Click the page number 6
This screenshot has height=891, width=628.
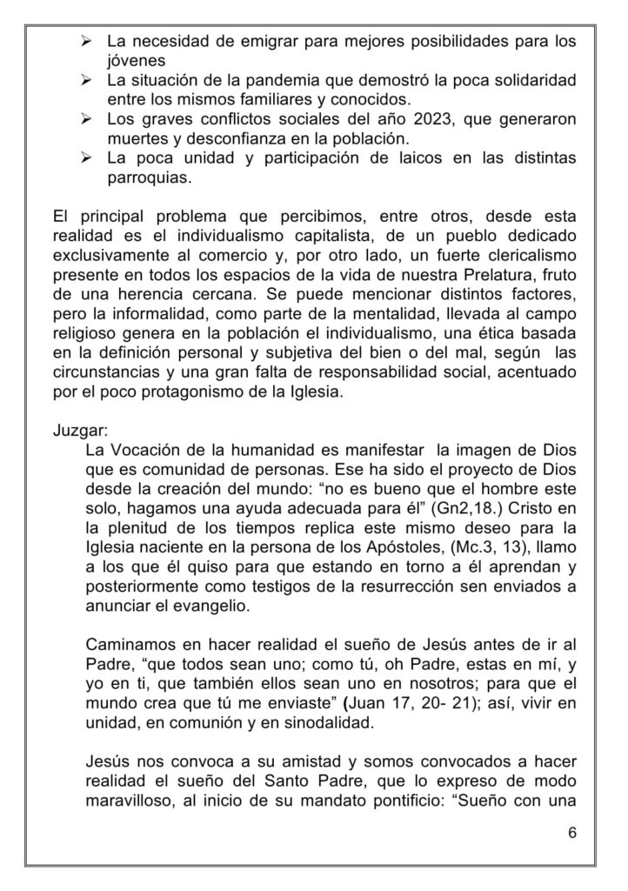pos(571,832)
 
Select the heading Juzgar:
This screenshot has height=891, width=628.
pos(77,431)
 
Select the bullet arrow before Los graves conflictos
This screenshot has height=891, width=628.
pos(87,118)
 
